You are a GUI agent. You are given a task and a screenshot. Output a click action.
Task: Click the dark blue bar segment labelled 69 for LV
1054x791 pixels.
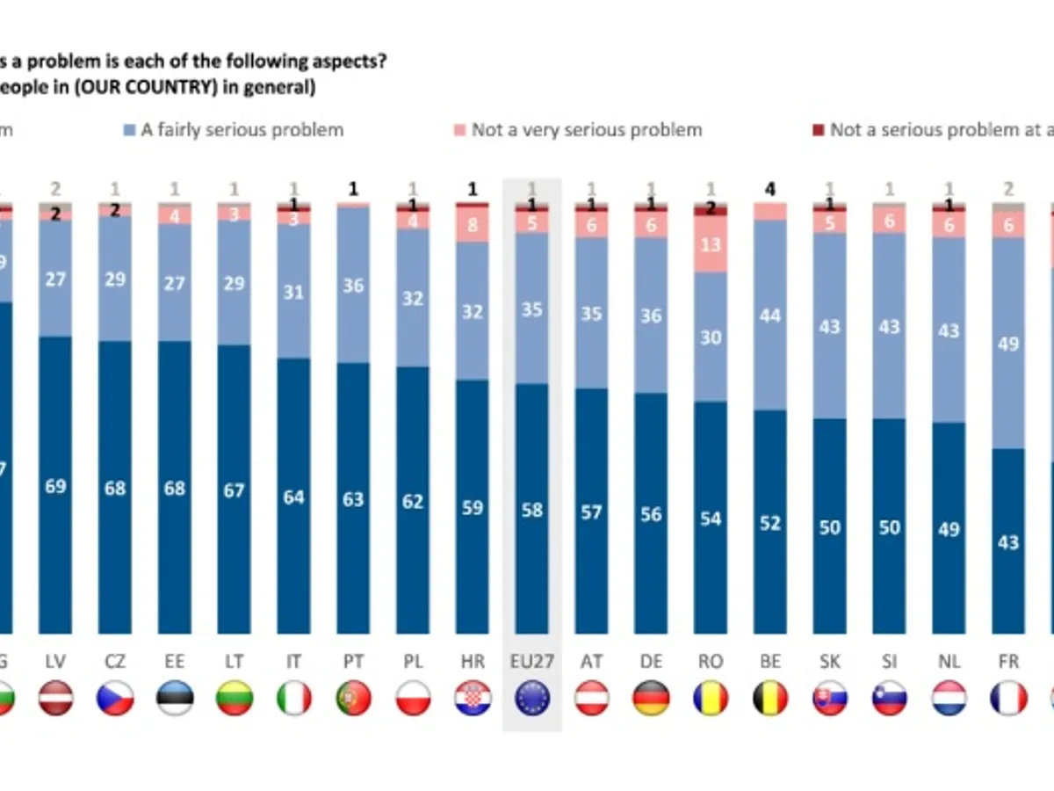55,484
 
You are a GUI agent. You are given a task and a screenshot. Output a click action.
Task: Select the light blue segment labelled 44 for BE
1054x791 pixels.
770,315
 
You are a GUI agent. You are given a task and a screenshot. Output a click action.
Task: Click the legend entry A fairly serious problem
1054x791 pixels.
233,130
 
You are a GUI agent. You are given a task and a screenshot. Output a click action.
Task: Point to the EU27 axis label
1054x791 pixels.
531,661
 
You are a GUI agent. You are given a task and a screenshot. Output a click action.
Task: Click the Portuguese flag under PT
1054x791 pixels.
353,698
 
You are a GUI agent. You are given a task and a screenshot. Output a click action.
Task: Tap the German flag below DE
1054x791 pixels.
651,698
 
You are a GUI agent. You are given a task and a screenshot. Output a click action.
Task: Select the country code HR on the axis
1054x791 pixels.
473,661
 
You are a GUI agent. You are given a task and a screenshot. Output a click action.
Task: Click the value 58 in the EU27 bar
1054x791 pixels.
531,510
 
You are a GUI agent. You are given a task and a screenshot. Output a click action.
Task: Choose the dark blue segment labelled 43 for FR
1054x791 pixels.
1008,541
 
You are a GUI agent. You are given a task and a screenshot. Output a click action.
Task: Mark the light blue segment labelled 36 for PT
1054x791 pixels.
353,286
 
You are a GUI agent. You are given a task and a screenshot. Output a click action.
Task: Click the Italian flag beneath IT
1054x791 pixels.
293,698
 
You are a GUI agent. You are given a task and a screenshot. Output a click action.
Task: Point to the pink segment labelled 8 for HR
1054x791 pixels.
473,224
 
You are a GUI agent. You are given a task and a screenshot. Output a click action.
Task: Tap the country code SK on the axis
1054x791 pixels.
829,661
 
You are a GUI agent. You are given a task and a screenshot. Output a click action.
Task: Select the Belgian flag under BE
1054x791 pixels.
770,698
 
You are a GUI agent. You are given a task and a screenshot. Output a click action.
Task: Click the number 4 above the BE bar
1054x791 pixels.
770,189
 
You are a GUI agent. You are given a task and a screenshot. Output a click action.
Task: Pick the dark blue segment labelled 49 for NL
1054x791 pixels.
949,528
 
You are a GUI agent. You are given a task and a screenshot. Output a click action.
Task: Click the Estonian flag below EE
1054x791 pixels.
175,698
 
